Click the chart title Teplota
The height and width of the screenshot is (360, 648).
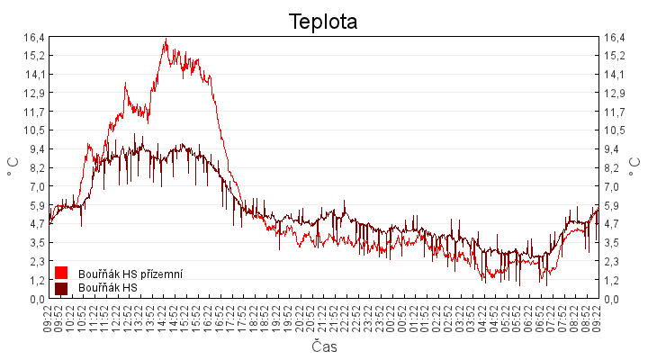(323, 22)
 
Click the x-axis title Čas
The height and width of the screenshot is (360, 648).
(324, 346)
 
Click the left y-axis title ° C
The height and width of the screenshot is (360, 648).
(13, 168)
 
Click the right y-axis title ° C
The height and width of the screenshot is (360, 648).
(635, 168)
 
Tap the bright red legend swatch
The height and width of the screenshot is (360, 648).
(61, 273)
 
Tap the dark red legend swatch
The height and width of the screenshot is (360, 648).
(61, 288)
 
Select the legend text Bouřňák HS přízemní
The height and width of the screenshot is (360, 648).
(130, 273)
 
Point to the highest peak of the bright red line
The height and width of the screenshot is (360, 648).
(166, 40)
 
